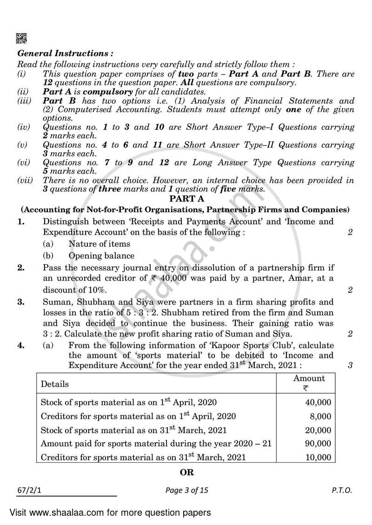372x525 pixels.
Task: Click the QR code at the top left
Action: pos(22,39)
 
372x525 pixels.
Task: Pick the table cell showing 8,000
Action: pos(321,416)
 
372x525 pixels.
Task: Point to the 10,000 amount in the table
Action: pos(318,457)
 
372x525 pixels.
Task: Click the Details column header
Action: pos(55,384)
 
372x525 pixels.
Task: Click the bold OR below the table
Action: pos(186,473)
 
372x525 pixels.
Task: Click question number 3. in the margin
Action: pos(21,302)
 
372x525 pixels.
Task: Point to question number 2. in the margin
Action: pos(21,268)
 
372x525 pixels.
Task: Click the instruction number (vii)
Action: pos(24,180)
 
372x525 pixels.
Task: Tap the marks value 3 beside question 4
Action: pos(350,365)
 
